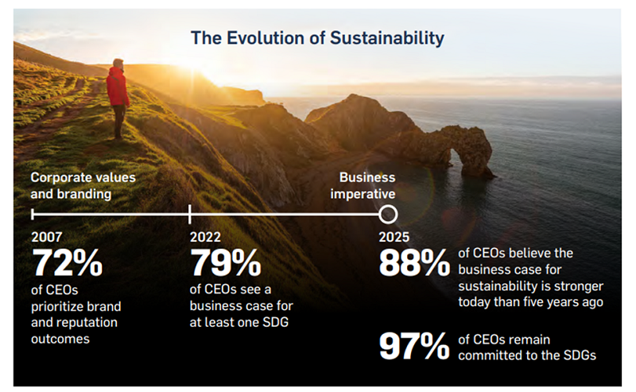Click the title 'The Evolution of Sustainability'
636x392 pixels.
pos(317,37)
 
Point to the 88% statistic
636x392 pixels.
pos(414,265)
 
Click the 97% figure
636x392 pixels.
pos(414,347)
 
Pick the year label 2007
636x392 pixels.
pos(46,237)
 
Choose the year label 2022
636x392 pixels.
pos(204,237)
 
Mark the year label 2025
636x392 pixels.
pos(394,237)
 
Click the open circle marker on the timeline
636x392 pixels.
pos(388,214)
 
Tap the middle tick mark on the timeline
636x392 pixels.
pos(190,214)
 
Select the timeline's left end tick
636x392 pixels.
pos(33,214)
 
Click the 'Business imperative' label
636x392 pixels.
pos(367,185)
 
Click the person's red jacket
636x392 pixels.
pos(118,87)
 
